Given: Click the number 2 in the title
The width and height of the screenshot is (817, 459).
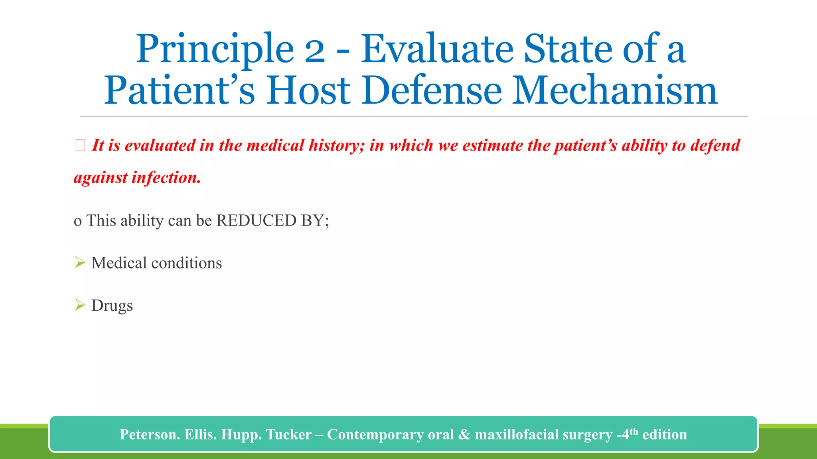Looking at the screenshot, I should point(315,50).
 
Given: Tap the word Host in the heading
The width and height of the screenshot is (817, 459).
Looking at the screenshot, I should point(308,90).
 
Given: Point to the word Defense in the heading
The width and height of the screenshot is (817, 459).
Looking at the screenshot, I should point(432,90).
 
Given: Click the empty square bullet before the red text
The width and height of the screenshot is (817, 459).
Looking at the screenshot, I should point(80,146).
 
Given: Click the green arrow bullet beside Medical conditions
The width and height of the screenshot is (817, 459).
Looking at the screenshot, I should point(80,263).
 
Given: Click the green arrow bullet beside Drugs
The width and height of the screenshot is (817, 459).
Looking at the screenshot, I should point(80,305).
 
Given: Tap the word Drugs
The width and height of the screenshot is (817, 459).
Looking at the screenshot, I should point(112,306).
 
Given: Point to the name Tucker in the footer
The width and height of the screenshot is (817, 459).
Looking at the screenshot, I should point(289,434).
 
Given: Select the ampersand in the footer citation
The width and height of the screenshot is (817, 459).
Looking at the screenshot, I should point(464,434).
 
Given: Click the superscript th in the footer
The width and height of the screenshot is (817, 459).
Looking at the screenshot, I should point(634,431).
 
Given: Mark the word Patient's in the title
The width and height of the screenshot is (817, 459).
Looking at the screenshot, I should point(179,90).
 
